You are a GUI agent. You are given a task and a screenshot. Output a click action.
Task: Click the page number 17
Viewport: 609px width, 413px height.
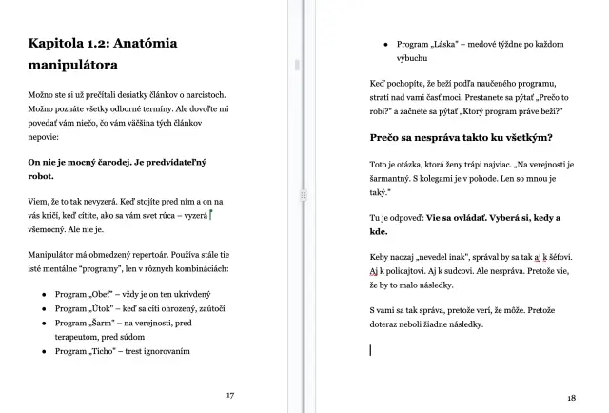(x=229, y=394)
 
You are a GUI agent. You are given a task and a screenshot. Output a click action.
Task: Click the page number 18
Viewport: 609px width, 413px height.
(x=571, y=398)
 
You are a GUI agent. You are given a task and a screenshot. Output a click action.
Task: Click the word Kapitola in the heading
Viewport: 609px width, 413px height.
(x=60, y=43)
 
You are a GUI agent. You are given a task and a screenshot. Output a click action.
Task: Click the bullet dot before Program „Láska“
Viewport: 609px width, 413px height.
(x=384, y=45)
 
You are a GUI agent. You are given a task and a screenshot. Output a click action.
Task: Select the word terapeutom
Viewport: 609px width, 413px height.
(x=83, y=337)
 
